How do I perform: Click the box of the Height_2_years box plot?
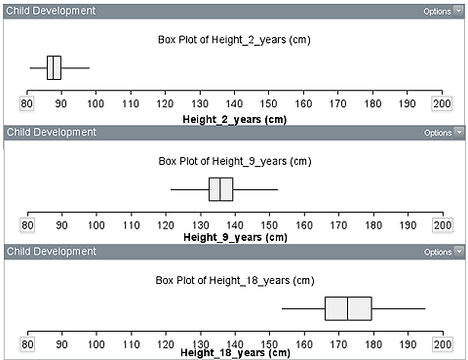(54, 67)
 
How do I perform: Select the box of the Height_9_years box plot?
(220, 188)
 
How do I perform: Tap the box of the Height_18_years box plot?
(348, 308)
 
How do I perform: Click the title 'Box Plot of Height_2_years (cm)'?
(234, 41)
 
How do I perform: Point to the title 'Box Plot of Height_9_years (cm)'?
(234, 161)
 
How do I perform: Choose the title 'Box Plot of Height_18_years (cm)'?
(234, 280)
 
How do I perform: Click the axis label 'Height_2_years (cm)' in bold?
(234, 117)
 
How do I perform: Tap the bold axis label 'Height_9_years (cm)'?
(234, 236)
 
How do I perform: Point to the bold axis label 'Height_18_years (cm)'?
(234, 352)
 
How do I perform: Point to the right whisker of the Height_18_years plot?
(398, 308)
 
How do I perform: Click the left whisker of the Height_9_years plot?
(189, 188)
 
